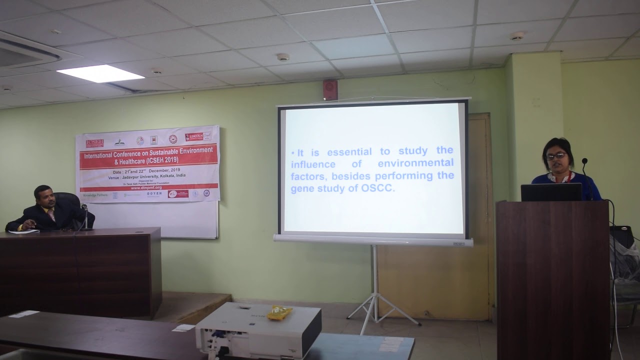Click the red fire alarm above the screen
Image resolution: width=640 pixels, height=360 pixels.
[330, 90]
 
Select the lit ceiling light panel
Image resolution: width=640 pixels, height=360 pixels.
[100, 73]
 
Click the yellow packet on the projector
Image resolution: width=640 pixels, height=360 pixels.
[279, 313]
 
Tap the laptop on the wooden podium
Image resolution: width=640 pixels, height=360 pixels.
[551, 192]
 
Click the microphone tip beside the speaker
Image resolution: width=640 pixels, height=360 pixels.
[584, 161]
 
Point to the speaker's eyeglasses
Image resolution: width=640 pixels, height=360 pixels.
[556, 156]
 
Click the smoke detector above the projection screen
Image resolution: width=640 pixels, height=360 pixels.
[283, 57]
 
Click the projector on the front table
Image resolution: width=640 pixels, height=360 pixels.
[258, 330]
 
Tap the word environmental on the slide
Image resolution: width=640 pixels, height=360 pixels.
[415, 163]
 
